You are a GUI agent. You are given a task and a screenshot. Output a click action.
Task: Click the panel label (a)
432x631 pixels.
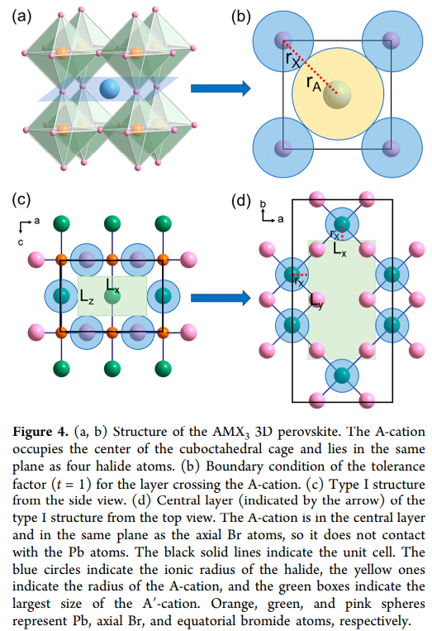click(x=21, y=16)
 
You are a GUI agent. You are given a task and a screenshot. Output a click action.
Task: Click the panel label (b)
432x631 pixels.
click(x=241, y=16)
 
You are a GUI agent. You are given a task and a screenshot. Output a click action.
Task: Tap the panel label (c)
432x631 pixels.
click(x=21, y=199)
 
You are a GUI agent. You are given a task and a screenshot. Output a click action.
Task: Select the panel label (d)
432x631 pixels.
click(x=241, y=200)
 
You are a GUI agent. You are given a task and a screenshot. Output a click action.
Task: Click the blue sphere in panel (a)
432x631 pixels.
click(x=109, y=88)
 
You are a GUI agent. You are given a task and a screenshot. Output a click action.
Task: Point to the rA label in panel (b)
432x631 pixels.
click(x=314, y=84)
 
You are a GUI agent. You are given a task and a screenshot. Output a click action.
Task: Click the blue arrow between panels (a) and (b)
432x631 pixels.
click(x=221, y=88)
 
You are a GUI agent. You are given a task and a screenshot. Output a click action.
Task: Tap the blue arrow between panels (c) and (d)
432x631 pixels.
click(x=221, y=298)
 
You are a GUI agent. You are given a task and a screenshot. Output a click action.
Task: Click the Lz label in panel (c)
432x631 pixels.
click(x=87, y=297)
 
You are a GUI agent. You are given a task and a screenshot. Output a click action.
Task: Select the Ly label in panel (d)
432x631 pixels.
click(x=316, y=300)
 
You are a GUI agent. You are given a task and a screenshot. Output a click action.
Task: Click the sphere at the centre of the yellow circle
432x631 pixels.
click(x=337, y=94)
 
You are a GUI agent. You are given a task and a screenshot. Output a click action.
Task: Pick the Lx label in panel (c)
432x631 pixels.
click(x=112, y=285)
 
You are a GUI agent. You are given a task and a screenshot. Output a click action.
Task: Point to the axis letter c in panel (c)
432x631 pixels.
click(x=21, y=242)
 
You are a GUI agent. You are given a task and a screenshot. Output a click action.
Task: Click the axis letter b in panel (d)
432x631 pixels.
click(x=263, y=204)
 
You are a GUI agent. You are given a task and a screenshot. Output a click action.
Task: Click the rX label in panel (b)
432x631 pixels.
click(x=293, y=60)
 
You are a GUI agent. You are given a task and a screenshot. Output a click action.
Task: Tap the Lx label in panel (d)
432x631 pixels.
click(x=339, y=250)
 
